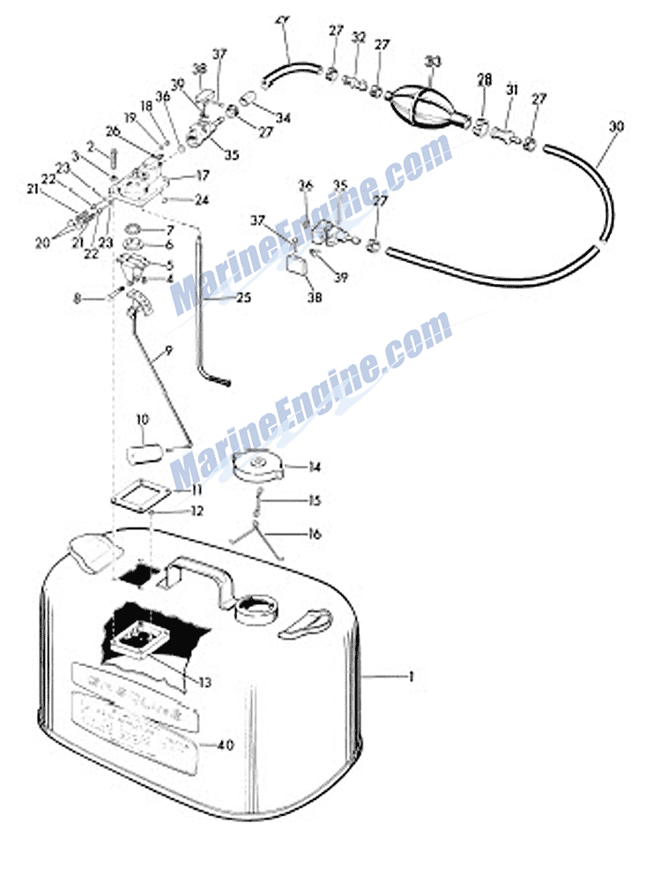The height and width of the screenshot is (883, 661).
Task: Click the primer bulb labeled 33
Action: pyautogui.click(x=428, y=105)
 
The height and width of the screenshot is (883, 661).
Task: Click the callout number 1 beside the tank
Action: pyautogui.click(x=410, y=677)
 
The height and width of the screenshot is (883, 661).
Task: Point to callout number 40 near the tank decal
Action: pyautogui.click(x=227, y=745)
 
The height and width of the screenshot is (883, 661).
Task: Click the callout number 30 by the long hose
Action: pyautogui.click(x=615, y=127)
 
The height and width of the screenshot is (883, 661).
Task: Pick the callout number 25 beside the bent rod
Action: pyautogui.click(x=243, y=298)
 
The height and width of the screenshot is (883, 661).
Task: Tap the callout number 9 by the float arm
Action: pyautogui.click(x=168, y=350)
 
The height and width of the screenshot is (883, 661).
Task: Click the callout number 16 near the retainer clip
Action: pyautogui.click(x=315, y=534)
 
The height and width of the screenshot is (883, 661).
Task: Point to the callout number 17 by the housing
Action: pyautogui.click(x=203, y=175)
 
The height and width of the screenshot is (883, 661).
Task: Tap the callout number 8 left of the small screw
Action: pyautogui.click(x=77, y=300)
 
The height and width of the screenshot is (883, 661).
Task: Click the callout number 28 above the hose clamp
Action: pyautogui.click(x=484, y=80)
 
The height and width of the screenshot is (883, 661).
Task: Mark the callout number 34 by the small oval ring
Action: pyautogui.click(x=283, y=117)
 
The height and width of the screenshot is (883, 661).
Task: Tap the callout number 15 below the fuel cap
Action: pyautogui.click(x=315, y=501)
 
